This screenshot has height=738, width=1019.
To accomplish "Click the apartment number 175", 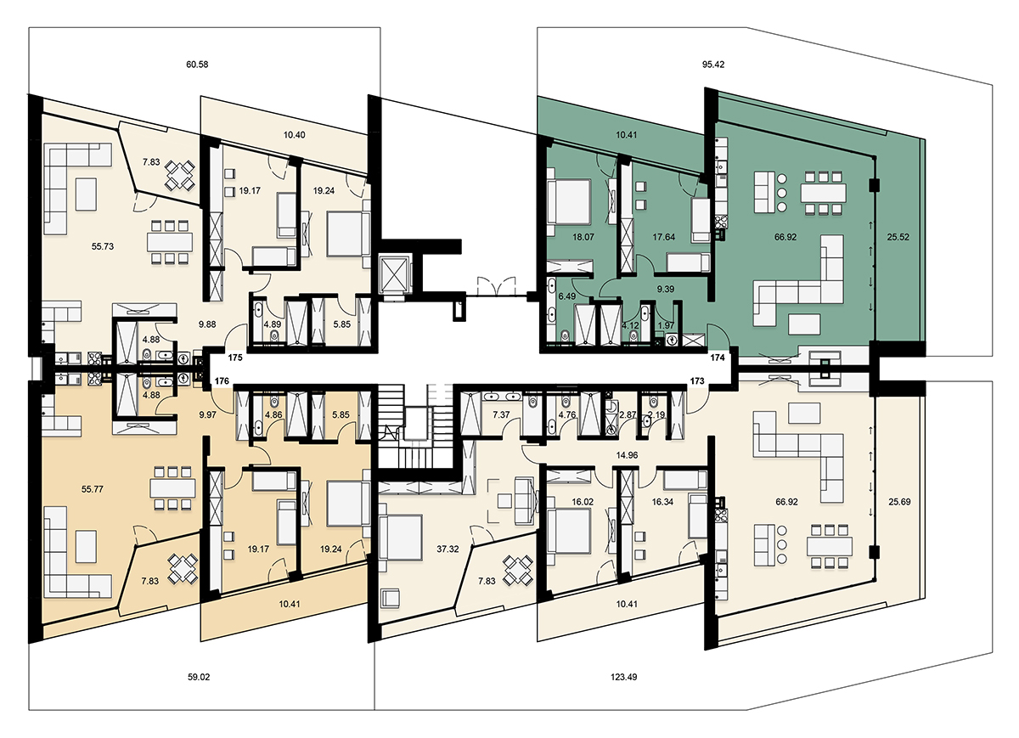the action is (x=235, y=358).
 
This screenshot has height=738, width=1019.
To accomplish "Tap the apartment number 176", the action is (x=222, y=380).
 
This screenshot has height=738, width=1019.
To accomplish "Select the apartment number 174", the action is (x=718, y=358).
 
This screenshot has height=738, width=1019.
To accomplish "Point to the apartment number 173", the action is (x=697, y=380).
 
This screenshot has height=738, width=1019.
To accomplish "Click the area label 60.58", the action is (x=197, y=65).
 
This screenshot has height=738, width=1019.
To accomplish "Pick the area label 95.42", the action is (x=713, y=65).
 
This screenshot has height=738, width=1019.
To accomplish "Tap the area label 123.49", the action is (x=623, y=677).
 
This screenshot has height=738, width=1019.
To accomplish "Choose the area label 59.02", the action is (x=199, y=677).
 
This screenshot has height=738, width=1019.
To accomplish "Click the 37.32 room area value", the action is (x=448, y=549).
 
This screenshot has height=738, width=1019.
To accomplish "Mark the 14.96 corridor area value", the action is (x=627, y=454).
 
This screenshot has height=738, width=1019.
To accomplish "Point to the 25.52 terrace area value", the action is (x=898, y=237).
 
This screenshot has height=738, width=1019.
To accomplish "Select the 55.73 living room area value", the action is (x=103, y=246).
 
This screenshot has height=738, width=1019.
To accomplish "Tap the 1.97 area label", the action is (x=667, y=325).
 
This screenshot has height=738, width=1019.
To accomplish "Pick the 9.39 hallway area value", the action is (x=666, y=289).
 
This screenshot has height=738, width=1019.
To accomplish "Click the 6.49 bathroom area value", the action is (x=567, y=296).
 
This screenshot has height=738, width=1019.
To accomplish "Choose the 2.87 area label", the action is (x=628, y=414).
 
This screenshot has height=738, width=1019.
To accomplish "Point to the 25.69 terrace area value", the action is (x=900, y=502).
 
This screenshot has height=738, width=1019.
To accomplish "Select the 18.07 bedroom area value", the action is (x=583, y=237).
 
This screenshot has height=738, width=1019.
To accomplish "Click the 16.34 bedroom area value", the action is (x=663, y=502).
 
